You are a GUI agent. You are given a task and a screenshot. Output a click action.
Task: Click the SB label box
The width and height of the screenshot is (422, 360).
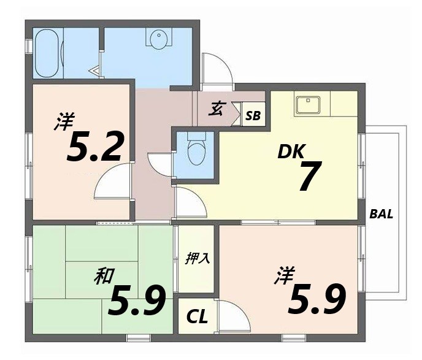click(253, 115)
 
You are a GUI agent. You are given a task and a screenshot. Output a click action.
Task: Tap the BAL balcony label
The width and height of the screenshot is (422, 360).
click(381, 215)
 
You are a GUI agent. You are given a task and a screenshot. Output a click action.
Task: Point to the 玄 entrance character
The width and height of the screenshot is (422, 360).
click(217, 110)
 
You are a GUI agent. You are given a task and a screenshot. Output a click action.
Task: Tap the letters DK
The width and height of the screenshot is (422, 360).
click(292, 151)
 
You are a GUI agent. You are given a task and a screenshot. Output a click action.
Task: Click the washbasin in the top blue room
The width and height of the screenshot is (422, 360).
click(158, 39)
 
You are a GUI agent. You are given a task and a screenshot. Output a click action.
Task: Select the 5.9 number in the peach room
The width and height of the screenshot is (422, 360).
click(317, 298)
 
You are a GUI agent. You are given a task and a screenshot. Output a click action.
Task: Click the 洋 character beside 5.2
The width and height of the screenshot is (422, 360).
click(61, 121)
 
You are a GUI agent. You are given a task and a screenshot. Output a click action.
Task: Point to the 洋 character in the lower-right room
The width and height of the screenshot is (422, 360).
click(284, 273)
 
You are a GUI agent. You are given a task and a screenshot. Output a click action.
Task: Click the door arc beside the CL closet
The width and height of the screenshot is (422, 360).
click(230, 316)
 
